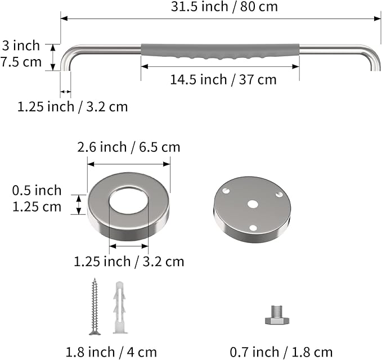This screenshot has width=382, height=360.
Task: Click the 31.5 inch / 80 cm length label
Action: [x=224, y=7]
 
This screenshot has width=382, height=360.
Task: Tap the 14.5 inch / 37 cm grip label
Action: [x=223, y=80]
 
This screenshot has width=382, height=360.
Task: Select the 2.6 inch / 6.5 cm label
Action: [x=129, y=147]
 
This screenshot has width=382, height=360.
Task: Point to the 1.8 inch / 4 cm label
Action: [x=111, y=352]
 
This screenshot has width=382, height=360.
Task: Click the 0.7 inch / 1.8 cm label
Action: [x=281, y=352]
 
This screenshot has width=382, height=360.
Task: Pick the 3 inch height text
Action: [x=21, y=46]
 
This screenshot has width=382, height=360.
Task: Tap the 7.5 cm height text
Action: [x=21, y=62]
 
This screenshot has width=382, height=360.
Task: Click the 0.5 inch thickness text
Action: [x=37, y=190]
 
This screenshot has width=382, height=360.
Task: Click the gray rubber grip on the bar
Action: [x=220, y=51]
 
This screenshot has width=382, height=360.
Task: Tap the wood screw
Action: [x=95, y=307]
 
